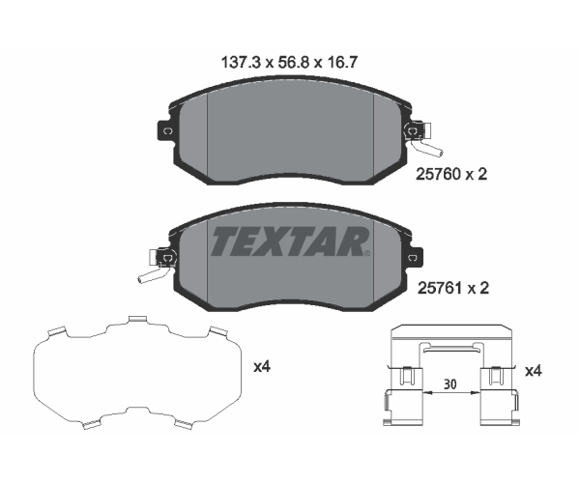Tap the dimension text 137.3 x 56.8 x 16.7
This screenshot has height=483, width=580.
(x=289, y=63)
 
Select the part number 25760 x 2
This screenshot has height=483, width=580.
(x=451, y=174)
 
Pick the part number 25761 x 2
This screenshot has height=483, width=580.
(x=453, y=288)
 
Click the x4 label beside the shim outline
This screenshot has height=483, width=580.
(x=262, y=367)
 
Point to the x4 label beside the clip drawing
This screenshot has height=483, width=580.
(x=534, y=371)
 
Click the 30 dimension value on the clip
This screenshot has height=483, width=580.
(x=450, y=384)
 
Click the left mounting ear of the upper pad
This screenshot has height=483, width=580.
(x=165, y=130)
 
